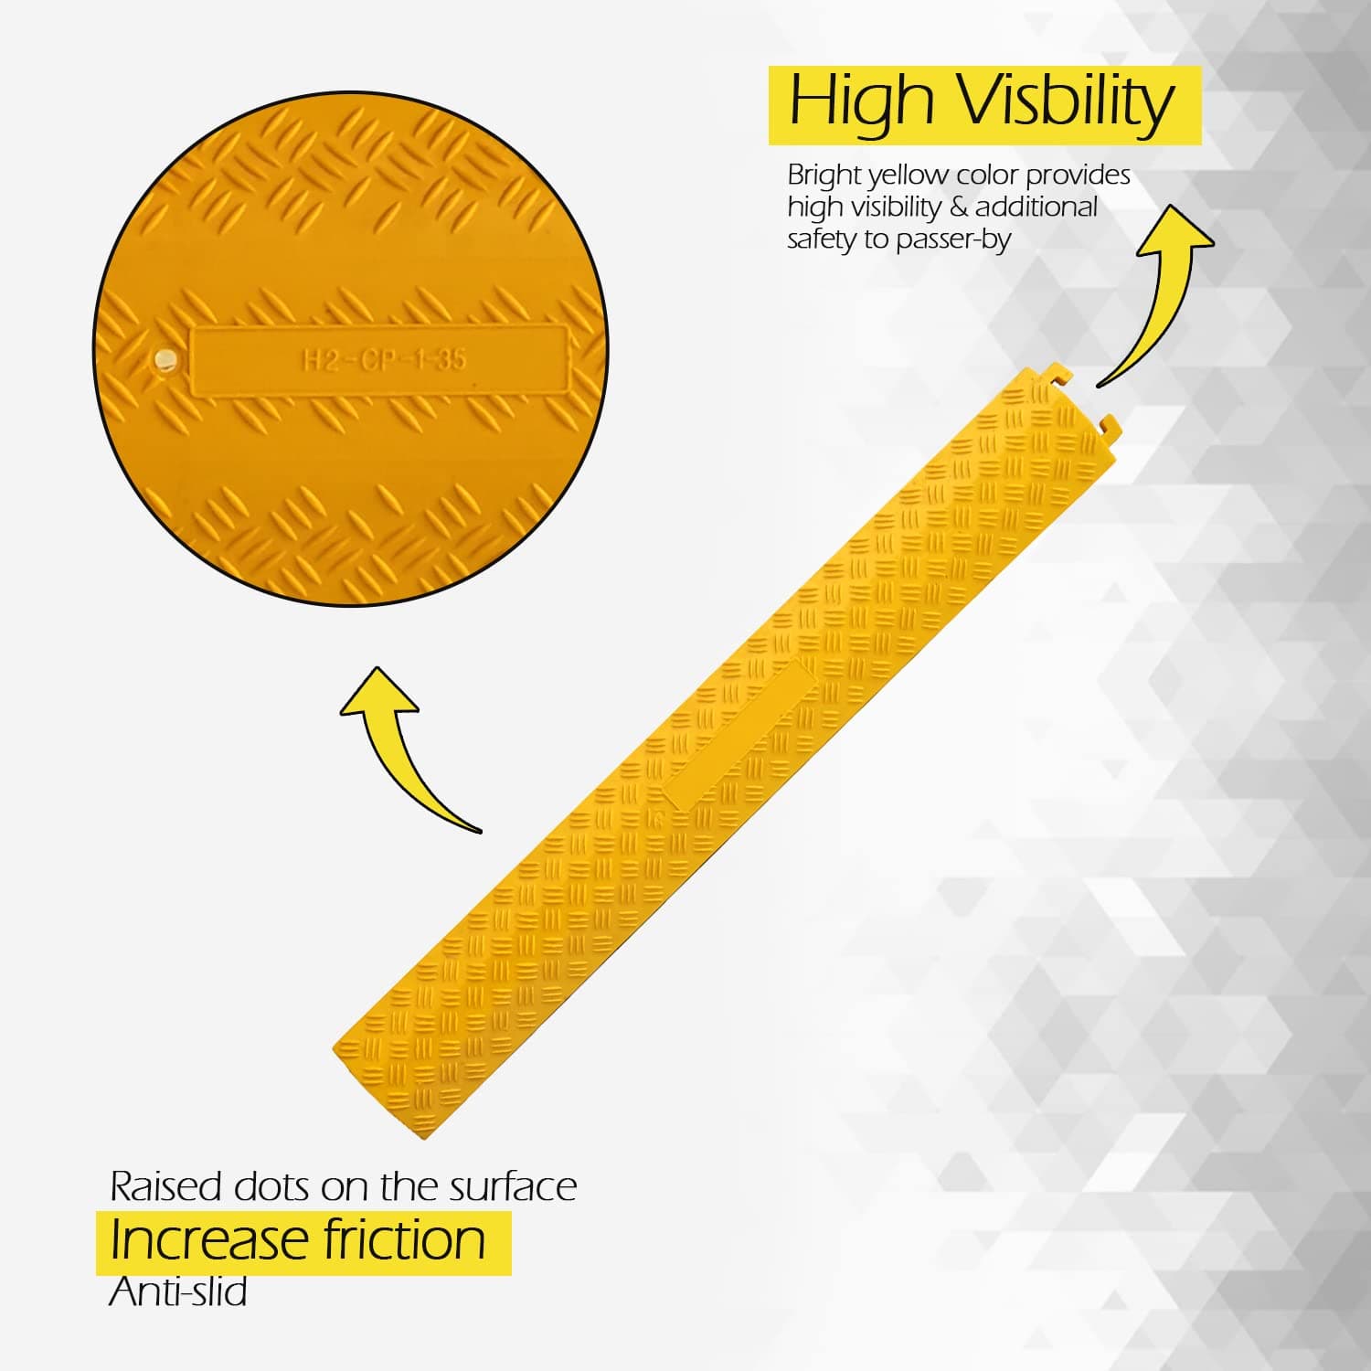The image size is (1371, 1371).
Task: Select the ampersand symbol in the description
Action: pos(958,207)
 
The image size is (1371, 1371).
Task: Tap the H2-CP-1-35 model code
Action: pos(384,359)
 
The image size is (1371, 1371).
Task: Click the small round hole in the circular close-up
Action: pos(165,360)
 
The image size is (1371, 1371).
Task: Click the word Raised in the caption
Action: pos(165,1186)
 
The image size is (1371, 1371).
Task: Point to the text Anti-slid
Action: pos(177,1291)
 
